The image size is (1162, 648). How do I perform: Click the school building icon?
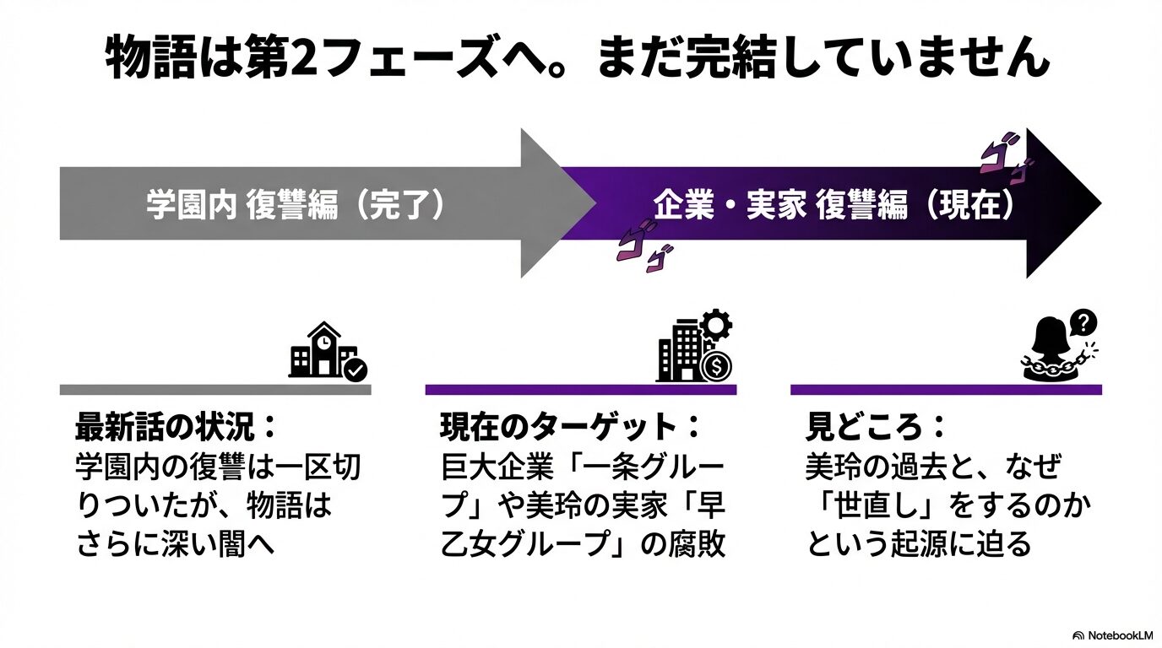click(x=319, y=350)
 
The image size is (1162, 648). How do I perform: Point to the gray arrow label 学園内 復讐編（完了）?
click(x=295, y=205)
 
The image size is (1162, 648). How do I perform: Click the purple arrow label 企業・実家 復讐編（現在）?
click(x=833, y=205)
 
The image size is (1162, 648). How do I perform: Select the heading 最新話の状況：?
click(x=176, y=427)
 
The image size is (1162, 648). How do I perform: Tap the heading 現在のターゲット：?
click(x=570, y=427)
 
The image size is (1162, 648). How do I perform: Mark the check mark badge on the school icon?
click(x=356, y=369)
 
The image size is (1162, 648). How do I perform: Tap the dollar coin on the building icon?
click(x=717, y=367)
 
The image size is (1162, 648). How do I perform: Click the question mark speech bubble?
click(x=1083, y=321)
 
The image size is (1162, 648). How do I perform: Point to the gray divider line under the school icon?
click(x=214, y=390)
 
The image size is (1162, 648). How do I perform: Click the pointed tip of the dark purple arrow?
click(x=1098, y=203)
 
